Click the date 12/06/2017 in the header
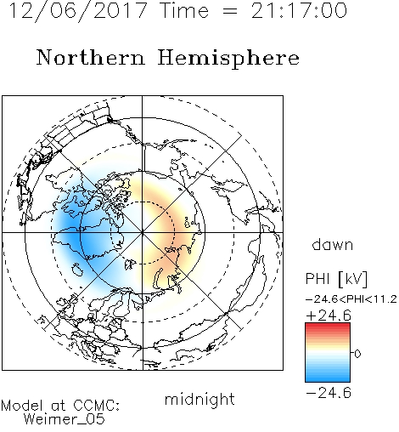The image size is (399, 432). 78,11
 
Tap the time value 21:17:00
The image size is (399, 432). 299,10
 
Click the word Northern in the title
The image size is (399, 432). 91,57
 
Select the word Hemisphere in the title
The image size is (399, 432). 228,59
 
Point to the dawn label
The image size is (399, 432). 333,245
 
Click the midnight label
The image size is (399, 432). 199,400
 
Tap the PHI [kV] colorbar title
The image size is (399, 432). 336,279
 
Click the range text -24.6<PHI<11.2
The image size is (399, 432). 351,299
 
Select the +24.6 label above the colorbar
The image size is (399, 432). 329,315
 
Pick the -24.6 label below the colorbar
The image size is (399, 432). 329,393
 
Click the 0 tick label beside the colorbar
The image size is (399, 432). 357,354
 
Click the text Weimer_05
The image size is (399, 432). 65,419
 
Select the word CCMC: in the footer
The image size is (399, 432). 96,406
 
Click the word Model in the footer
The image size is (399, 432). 22,406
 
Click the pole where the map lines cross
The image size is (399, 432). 143,232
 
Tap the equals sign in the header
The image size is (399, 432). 229,11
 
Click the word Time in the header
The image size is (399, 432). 184,10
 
